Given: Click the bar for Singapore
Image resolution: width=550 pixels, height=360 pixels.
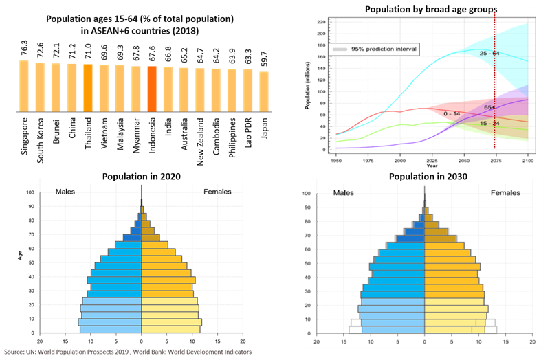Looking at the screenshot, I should click(24, 85).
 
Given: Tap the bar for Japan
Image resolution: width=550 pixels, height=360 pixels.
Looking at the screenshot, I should click(264, 91).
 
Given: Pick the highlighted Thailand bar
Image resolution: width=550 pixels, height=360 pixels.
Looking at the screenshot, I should click(88, 87).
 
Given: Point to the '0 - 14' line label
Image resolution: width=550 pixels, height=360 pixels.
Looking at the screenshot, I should click(453, 113).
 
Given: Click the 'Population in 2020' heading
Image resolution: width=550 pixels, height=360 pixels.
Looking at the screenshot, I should click(141, 177).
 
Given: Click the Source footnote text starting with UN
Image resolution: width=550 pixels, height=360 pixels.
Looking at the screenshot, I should click(131, 352).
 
